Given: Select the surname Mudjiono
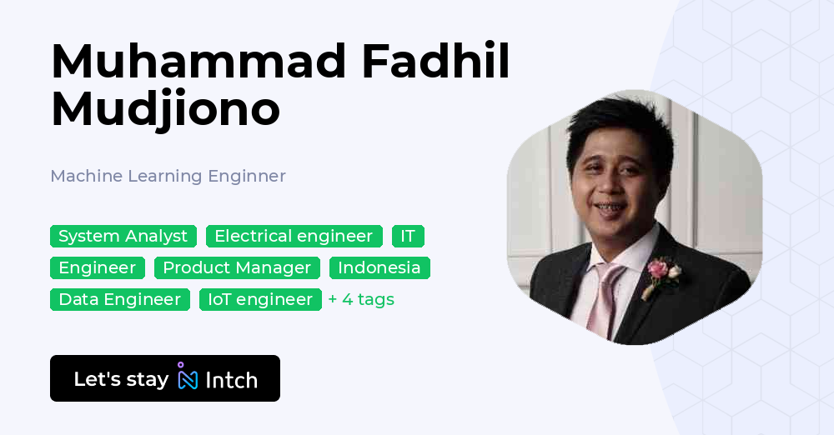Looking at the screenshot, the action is coord(165,110).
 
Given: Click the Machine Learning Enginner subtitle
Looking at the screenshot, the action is coord(168,176).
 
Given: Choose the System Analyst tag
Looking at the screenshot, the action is coord(123,236).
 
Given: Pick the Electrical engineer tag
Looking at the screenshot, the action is coord(294,236).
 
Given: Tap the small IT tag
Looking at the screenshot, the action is coord(408,236).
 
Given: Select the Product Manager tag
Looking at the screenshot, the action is coord(237,268).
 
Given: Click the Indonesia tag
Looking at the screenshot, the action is coord(379,268).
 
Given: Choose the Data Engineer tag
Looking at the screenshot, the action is coord(120,299).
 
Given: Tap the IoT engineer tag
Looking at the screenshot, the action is coord(260,299).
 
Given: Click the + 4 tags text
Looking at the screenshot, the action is coord(362,299).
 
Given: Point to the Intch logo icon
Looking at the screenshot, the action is coord(188,376).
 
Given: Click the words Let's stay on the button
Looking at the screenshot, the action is coord(121,379).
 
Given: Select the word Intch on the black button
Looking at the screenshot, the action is coord(231,380).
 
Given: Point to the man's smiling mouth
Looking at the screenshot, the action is coord(609,207).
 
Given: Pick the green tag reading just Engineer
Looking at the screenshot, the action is coord(98,268).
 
